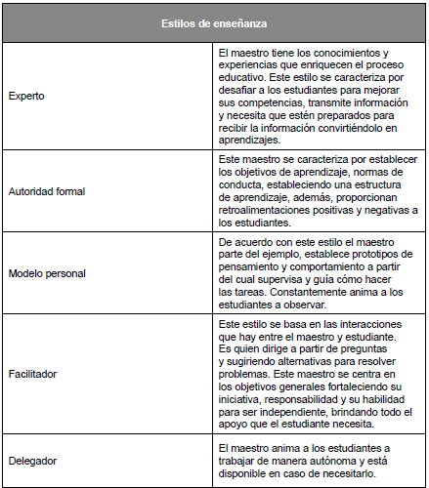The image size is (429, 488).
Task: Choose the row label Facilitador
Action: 34,372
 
